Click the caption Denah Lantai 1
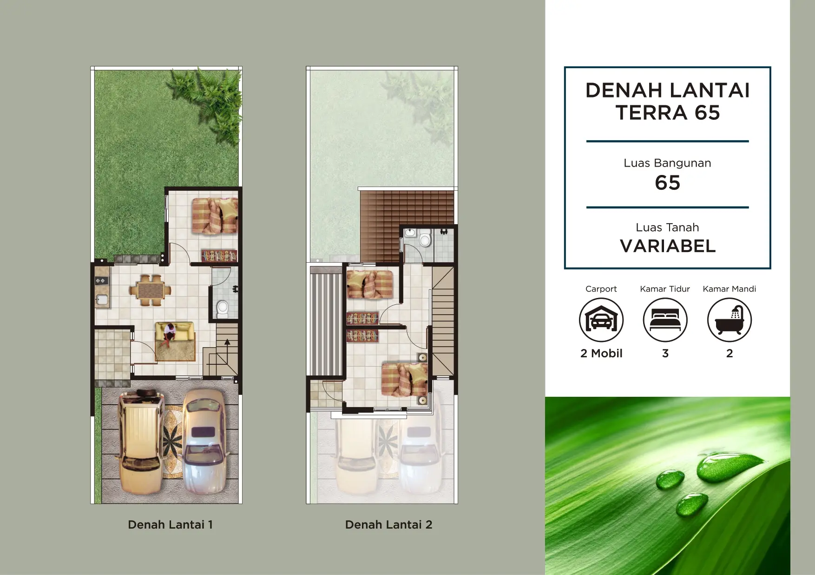pyautogui.click(x=170, y=525)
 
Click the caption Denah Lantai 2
pyautogui.click(x=388, y=525)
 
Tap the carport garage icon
pyautogui.click(x=601, y=320)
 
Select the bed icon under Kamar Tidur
pyautogui.click(x=665, y=320)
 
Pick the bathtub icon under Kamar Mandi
pyautogui.click(x=730, y=320)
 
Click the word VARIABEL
pyautogui.click(x=668, y=246)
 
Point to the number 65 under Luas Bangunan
pyautogui.click(x=668, y=183)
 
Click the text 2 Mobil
pyautogui.click(x=601, y=354)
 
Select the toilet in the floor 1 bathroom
pyautogui.click(x=223, y=309)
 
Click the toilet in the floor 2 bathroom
pyautogui.click(x=425, y=239)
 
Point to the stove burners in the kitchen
pyautogui.click(x=101, y=281)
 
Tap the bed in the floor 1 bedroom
pyautogui.click(x=215, y=216)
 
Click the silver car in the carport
pyautogui.click(x=204, y=441)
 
